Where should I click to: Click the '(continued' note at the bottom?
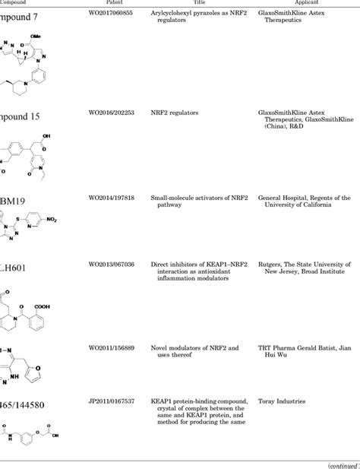(x=339, y=465)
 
